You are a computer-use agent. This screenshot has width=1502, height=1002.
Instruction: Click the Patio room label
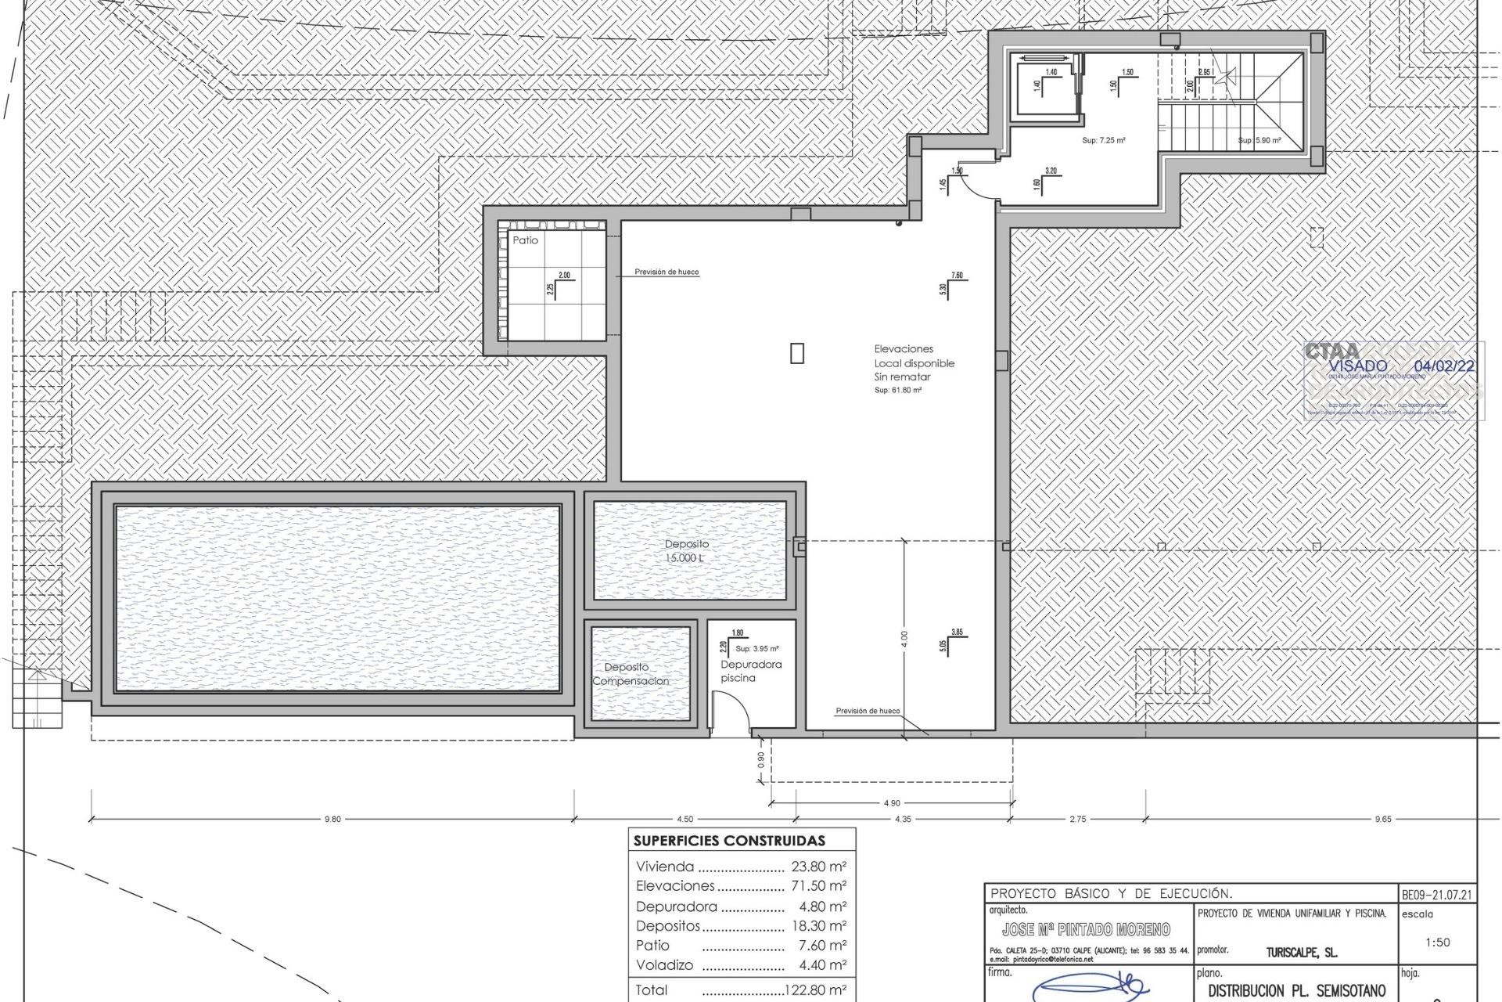coord(525,240)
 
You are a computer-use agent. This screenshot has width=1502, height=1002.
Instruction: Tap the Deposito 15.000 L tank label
coord(687,550)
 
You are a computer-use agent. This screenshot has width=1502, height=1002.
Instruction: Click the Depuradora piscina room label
coord(750,671)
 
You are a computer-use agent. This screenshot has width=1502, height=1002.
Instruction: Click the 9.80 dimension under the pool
coord(332,819)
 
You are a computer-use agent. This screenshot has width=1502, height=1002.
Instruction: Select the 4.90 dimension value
coord(891,802)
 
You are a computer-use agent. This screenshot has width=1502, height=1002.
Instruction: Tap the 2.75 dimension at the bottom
coord(1077,819)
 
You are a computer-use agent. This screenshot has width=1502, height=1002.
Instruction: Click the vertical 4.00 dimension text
coord(904,638)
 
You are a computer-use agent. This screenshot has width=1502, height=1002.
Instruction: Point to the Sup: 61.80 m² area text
coord(897,390)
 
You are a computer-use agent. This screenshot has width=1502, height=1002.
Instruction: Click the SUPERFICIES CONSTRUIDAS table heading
coord(729,842)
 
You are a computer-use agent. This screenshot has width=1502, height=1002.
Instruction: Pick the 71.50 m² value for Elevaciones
coord(819,886)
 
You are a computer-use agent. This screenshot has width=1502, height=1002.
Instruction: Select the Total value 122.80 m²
coord(815,990)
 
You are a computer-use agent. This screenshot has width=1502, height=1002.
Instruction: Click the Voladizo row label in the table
coord(664,965)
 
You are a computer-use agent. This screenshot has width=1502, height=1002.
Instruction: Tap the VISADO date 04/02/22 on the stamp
coord(1444,366)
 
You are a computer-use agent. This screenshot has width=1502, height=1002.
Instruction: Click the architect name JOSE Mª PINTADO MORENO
coord(1086,929)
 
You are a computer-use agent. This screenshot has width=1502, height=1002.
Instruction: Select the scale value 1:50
coord(1438,943)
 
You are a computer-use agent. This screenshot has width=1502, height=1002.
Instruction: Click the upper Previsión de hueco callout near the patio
coord(667,272)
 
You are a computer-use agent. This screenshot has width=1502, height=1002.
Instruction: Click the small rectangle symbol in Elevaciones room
coord(796,354)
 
